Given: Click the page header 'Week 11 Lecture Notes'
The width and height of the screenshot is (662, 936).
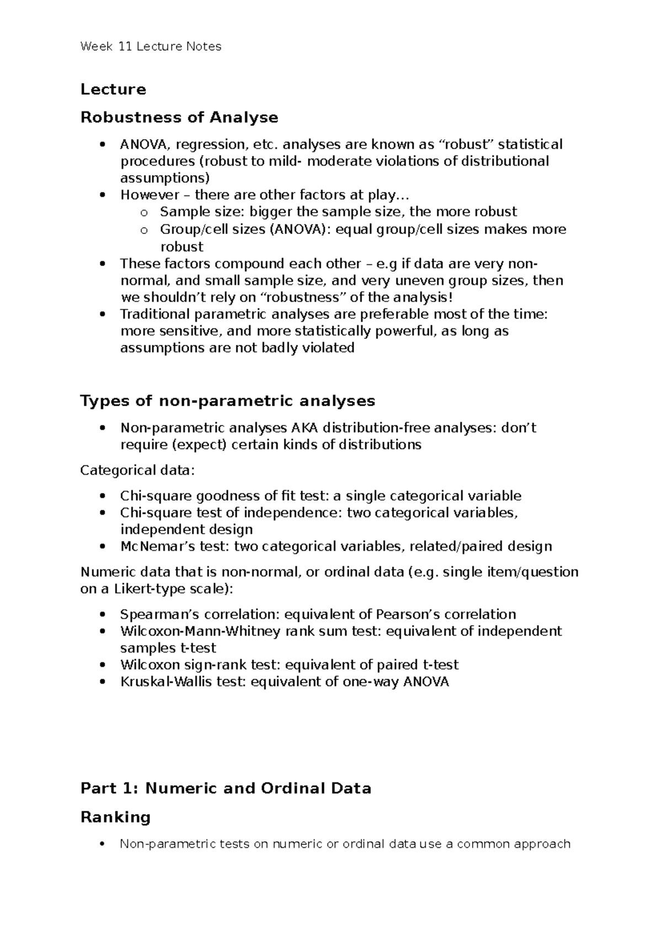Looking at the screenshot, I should tap(151, 46).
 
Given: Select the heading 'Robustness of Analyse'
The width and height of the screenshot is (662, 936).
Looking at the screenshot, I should tap(179, 117).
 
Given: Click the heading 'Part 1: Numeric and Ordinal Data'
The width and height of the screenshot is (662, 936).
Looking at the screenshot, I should tap(226, 788).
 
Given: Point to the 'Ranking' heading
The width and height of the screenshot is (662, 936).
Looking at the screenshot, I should tap(115, 817).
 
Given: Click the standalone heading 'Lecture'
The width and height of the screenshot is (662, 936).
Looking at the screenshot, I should tap(113, 89).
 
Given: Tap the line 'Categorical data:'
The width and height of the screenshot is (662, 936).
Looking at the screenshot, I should tap(137, 470).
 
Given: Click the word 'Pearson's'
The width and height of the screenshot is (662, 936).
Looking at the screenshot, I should tap(407, 614).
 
